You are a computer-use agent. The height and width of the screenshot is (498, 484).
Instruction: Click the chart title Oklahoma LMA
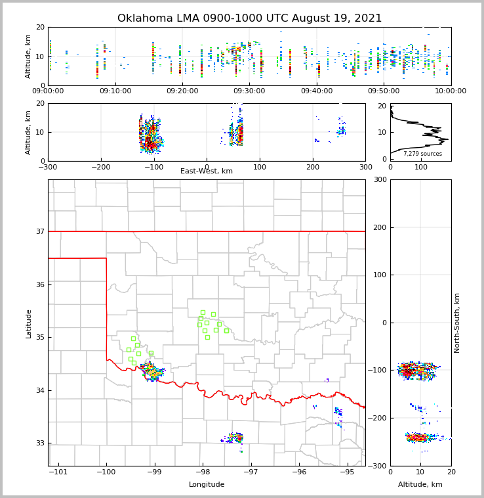[x=249, y=18]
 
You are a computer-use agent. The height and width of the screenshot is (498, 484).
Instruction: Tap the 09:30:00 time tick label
[x=249, y=91]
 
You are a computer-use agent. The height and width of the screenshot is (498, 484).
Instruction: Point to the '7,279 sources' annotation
[x=422, y=154]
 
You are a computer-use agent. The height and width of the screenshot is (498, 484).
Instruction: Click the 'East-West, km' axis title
[x=207, y=171]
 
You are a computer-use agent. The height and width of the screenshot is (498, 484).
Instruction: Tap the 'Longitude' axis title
[x=207, y=485]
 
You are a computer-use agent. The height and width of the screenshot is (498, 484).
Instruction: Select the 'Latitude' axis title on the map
[x=28, y=323]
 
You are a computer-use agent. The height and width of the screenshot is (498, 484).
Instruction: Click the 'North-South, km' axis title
[x=457, y=323]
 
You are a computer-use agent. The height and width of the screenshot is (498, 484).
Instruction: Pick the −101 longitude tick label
[x=58, y=472]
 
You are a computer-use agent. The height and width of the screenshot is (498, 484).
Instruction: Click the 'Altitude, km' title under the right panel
[x=420, y=485]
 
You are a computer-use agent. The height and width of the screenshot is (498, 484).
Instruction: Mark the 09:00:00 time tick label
[x=49, y=91]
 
